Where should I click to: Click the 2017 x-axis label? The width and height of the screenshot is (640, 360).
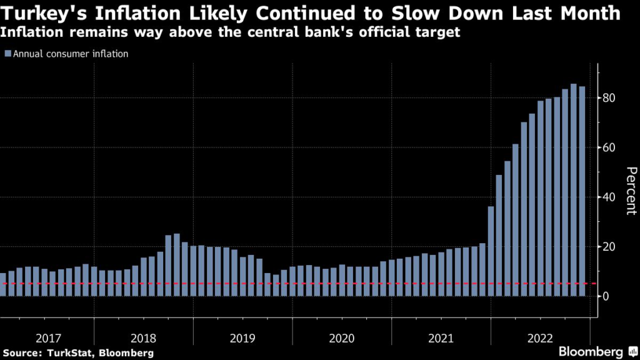click(x=48, y=338)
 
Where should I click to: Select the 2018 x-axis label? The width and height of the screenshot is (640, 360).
click(x=144, y=338)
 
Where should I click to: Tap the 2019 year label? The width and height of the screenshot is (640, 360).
click(x=242, y=338)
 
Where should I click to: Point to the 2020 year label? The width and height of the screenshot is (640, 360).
click(x=341, y=338)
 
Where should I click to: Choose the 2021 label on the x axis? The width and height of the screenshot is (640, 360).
click(x=441, y=338)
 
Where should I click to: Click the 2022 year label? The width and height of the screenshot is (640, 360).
click(x=539, y=338)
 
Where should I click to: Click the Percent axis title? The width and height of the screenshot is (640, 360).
click(x=631, y=191)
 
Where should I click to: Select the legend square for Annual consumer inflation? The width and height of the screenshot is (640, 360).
click(x=7, y=54)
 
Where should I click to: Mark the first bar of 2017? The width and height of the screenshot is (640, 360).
click(x=3, y=284)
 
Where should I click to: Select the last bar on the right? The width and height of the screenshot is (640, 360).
click(x=581, y=191)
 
